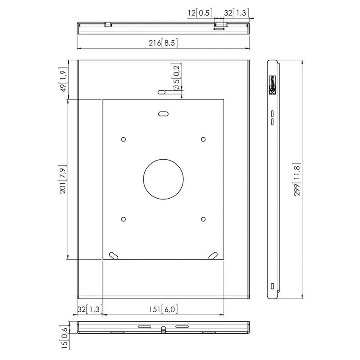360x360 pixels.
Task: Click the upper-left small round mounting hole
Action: click(123, 139)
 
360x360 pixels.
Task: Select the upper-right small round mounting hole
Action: click(203, 139)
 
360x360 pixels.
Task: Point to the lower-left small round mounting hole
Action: click(123, 219)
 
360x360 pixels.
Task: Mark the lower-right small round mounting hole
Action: click(203, 219)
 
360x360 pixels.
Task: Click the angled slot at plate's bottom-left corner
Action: click(114, 255)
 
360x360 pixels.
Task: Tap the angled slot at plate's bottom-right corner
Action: click(213, 255)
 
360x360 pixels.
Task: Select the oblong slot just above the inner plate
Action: click(162, 92)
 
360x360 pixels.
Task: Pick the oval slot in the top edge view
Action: click(220, 29)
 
